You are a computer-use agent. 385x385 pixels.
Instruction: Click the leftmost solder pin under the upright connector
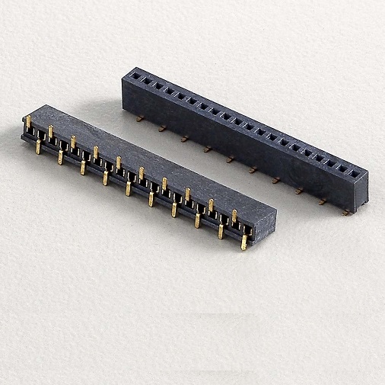tap(139, 118)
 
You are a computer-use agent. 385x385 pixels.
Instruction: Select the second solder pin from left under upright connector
tap(162, 128)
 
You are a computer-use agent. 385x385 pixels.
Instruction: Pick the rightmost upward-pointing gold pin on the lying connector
tap(234, 216)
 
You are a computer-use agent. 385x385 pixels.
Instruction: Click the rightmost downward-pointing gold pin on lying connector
tap(243, 242)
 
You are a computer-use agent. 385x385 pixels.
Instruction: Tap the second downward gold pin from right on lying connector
tap(221, 231)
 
